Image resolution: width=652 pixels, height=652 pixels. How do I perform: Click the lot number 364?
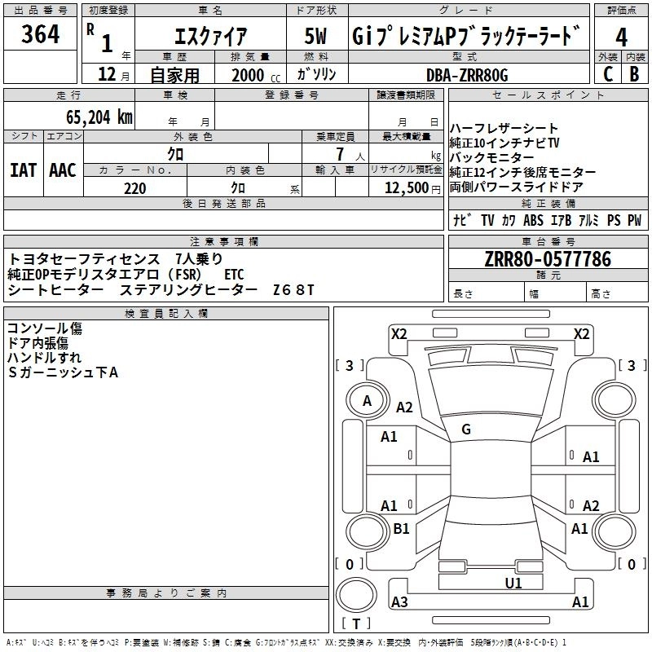(41, 35)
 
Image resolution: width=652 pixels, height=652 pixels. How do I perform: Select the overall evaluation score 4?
(622, 37)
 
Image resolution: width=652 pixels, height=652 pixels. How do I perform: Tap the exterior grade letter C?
(607, 73)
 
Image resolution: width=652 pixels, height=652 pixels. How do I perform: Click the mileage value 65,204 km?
(94, 117)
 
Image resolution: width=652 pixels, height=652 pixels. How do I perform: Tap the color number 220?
(134, 188)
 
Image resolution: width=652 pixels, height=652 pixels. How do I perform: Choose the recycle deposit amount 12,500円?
(406, 188)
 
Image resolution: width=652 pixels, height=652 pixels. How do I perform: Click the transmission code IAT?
(23, 170)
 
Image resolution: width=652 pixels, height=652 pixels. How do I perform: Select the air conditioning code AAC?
(62, 170)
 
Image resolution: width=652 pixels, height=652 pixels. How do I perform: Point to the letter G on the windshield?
(465, 430)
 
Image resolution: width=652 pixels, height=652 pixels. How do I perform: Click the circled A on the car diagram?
(368, 400)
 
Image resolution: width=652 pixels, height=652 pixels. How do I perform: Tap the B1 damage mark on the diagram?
(402, 529)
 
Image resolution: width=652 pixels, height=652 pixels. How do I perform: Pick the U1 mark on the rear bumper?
(513, 583)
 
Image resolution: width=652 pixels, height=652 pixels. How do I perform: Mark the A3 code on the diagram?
(399, 602)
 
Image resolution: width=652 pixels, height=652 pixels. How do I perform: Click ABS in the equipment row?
(533, 220)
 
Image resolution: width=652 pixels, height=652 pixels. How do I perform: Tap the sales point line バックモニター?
(493, 157)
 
